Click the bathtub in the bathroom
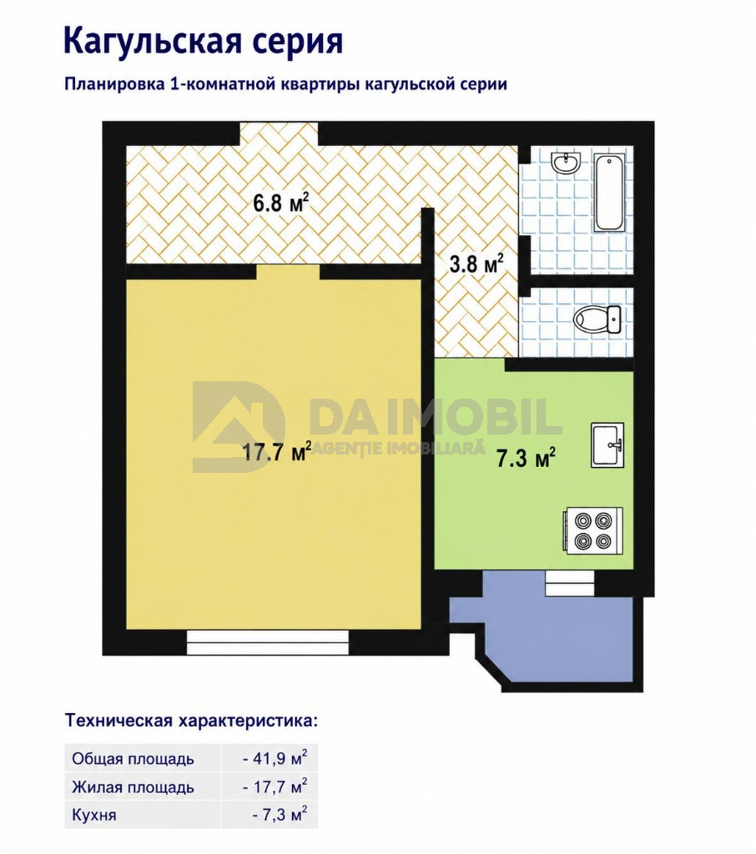609,193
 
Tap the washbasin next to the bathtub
567,163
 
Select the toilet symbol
597,319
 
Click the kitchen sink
607,445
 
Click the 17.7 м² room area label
276,451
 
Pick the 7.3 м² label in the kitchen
526,458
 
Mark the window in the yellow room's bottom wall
268,642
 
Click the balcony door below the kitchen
570,583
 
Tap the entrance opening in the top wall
279,133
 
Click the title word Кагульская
152,41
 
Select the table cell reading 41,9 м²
275,758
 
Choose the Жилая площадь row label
133,787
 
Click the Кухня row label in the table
93,816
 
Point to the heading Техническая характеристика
191,721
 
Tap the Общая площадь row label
133,759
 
